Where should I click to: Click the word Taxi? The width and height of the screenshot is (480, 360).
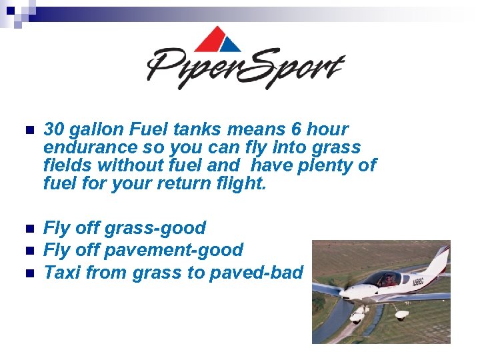[61, 272]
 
